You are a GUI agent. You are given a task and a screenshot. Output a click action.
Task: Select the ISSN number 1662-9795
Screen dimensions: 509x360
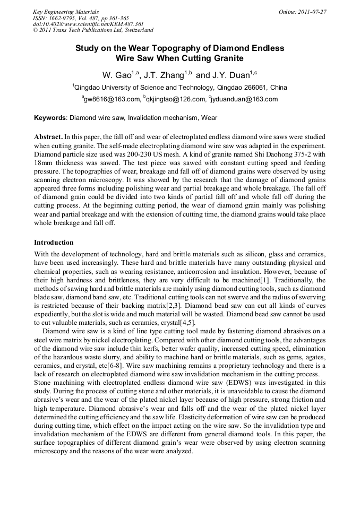pos(64,18)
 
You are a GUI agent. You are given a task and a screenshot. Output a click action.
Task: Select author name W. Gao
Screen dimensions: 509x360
pos(118,75)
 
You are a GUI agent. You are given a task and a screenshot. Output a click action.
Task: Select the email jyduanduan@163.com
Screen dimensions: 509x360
pos(244,99)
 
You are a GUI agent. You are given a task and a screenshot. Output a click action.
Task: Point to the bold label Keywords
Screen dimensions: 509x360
pos(50,117)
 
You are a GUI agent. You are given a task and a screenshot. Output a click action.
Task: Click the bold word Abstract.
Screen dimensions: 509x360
pos(48,136)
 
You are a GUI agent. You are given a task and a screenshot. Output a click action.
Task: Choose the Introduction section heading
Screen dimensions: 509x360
pos(54,243)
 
